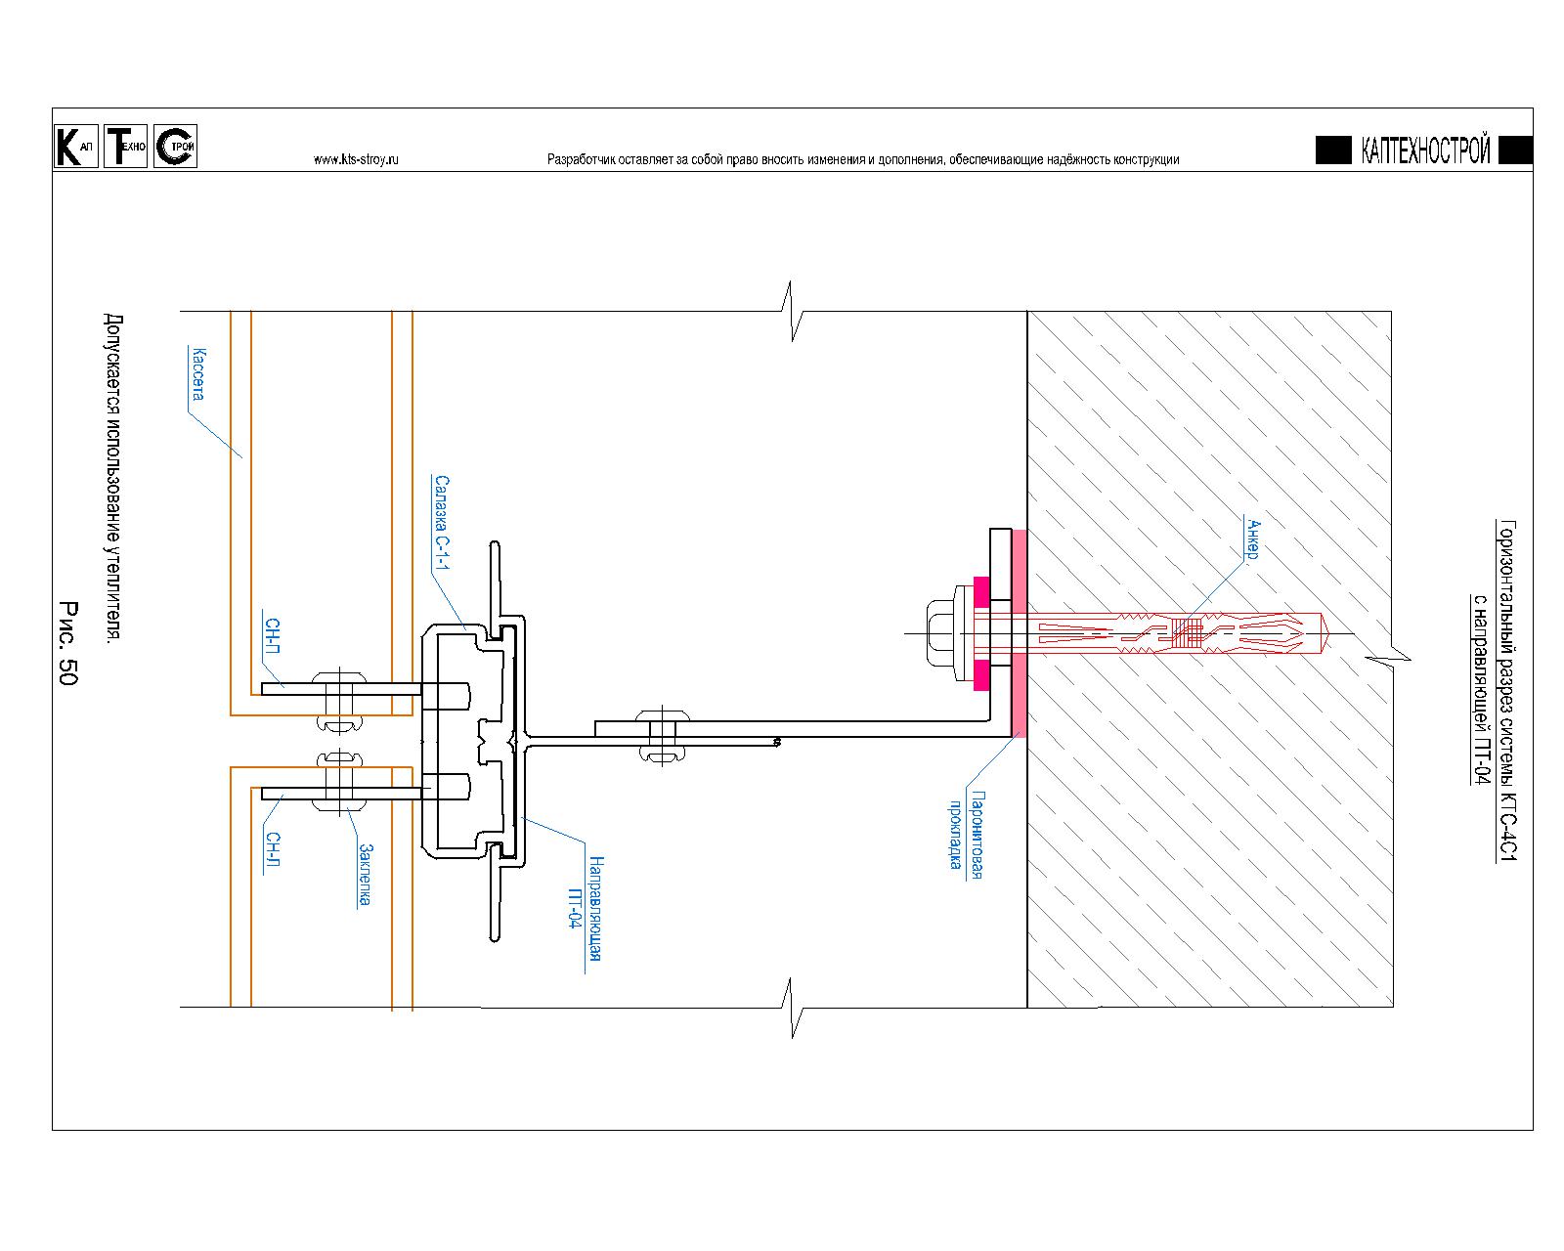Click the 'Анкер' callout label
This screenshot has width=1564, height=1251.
[1251, 539]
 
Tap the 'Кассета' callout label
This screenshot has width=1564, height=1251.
[197, 373]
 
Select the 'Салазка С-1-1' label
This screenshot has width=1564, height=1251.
[442, 522]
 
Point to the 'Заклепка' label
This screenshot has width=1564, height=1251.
[365, 875]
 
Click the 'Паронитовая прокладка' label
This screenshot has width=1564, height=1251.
[967, 835]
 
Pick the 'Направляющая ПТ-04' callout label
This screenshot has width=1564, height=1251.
[586, 908]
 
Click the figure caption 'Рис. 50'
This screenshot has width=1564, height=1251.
[67, 642]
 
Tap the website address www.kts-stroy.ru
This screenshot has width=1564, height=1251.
[356, 159]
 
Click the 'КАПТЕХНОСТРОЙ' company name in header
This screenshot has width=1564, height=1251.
[1425, 150]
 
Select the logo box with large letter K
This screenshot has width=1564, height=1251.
[76, 147]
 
